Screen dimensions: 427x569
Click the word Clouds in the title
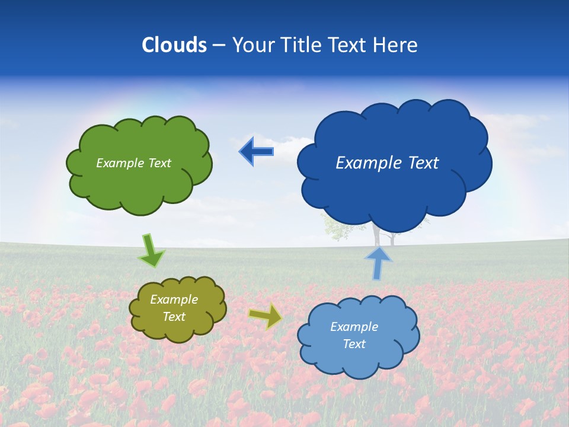tap(174, 45)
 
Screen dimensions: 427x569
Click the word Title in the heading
tap(301, 45)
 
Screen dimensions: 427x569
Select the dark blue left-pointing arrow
tap(256, 151)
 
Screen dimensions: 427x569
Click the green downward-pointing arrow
tap(151, 250)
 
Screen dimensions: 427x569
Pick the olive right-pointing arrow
tap(266, 316)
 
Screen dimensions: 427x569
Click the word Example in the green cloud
tap(120, 163)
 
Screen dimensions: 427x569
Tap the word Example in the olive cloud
tap(174, 299)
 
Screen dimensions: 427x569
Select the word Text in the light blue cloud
tap(354, 344)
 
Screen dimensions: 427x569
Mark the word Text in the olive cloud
tap(174, 317)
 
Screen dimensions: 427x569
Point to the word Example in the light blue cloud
tap(354, 327)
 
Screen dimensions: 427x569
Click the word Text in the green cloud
tap(159, 163)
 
